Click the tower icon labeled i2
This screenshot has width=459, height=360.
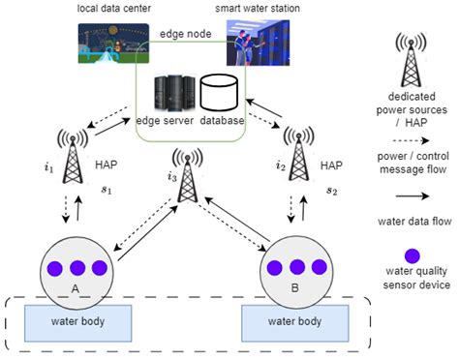(297, 156)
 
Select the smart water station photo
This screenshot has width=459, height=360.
(260, 45)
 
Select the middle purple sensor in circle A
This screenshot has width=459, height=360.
(74, 266)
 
